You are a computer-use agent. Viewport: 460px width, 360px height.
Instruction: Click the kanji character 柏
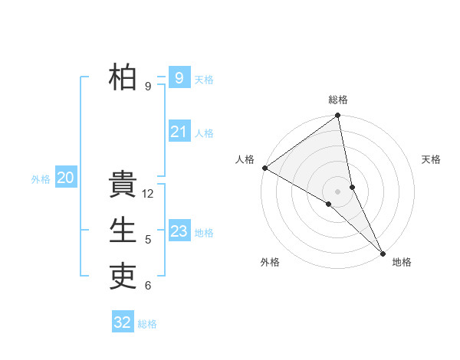tap(123, 77)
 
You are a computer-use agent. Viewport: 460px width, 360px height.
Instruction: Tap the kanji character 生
tap(123, 231)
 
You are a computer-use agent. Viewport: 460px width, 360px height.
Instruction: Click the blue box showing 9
tap(179, 77)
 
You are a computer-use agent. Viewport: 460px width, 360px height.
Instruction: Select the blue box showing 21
tap(179, 132)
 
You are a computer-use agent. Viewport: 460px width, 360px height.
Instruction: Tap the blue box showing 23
tap(179, 231)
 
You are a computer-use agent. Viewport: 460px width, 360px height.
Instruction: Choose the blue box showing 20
tap(65, 178)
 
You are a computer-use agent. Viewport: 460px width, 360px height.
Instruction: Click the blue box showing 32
tap(123, 322)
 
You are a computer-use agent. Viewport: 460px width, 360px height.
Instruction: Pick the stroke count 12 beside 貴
tap(149, 194)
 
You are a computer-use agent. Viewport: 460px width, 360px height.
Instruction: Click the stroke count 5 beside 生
tap(148, 240)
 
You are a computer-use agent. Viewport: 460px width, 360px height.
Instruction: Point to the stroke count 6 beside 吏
tap(148, 286)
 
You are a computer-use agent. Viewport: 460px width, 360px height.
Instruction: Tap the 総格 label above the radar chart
tap(338, 100)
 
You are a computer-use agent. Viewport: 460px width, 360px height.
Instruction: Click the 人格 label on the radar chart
tap(245, 159)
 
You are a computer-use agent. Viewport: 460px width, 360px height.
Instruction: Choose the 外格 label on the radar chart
tap(270, 262)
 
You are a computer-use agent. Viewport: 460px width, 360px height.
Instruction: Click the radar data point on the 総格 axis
tap(338, 116)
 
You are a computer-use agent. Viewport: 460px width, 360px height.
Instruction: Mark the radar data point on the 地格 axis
tap(383, 252)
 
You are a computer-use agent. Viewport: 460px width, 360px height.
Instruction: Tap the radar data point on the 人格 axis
tap(264, 168)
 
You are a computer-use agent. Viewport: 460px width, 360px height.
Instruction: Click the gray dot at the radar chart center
tap(338, 191)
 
